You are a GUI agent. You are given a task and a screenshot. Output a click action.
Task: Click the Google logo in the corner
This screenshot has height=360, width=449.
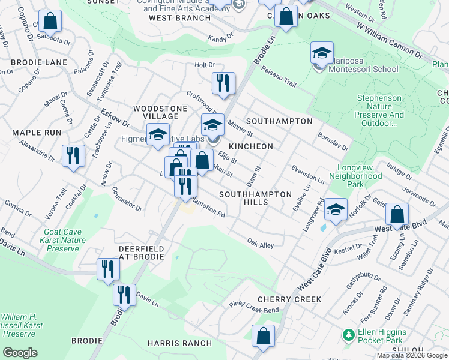coord(20,352)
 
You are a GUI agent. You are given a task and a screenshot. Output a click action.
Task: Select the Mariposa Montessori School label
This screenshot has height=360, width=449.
coord(363,69)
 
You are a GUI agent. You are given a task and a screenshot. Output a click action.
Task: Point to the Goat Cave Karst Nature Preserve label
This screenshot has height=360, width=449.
coord(65,239)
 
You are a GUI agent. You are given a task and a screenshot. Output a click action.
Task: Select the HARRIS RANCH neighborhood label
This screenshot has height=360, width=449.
coord(179,343)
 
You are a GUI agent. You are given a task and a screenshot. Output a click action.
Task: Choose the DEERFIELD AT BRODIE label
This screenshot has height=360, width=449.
coord(141,252)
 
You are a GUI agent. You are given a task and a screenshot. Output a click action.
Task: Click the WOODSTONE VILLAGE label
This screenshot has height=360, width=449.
coord(155,112)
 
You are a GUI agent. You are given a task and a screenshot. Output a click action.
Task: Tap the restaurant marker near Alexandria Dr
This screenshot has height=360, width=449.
coord(73,157)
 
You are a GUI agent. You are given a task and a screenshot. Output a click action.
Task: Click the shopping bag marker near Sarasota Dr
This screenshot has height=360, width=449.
coord(52,21)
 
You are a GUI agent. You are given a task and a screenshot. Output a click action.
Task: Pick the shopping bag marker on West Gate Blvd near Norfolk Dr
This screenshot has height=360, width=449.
coord(397,214)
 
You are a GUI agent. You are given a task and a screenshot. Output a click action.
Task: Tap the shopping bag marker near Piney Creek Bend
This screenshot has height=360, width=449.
coord(263,337)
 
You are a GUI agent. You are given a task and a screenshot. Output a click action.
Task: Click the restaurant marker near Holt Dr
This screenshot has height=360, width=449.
coord(223,83)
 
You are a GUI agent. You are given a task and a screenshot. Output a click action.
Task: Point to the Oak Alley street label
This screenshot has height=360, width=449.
coord(261,243)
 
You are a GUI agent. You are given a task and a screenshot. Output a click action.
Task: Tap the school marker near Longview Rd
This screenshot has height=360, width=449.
coord(336,210)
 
